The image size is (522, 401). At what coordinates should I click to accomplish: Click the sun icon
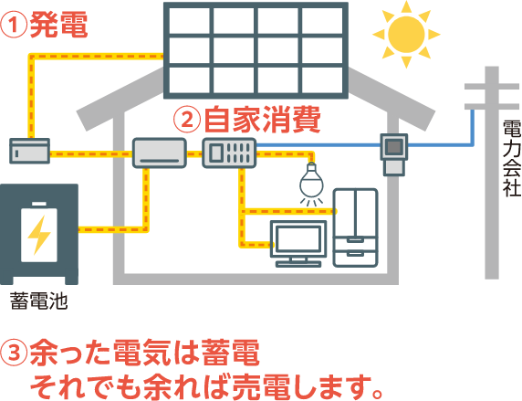click(x=406, y=34)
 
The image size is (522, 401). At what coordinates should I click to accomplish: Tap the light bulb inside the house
click(x=311, y=184)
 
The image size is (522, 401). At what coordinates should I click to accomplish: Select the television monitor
click(x=298, y=243)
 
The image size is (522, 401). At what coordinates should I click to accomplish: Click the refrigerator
click(x=356, y=227)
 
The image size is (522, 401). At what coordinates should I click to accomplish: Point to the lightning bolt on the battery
click(x=39, y=235)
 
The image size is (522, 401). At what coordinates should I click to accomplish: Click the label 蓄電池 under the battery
click(x=38, y=301)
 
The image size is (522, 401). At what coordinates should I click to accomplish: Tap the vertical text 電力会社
click(x=512, y=158)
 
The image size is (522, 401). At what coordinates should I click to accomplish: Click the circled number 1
click(x=14, y=26)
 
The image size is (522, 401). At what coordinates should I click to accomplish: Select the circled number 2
click(x=187, y=120)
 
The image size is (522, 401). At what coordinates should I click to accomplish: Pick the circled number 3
click(x=14, y=353)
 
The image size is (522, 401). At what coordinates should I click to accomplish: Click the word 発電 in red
click(x=58, y=25)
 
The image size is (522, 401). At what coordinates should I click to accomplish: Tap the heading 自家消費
click(x=262, y=120)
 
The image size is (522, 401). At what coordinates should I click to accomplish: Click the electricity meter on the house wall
click(x=394, y=154)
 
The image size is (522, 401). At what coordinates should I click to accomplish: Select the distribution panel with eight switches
click(x=229, y=153)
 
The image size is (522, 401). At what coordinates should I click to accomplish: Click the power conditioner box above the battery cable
click(x=160, y=153)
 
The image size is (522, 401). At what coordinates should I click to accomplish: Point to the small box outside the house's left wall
click(x=29, y=151)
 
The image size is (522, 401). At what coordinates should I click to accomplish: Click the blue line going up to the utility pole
click(x=472, y=127)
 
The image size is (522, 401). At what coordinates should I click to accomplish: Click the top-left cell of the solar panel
click(x=189, y=21)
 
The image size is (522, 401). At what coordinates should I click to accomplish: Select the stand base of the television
click(x=298, y=264)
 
